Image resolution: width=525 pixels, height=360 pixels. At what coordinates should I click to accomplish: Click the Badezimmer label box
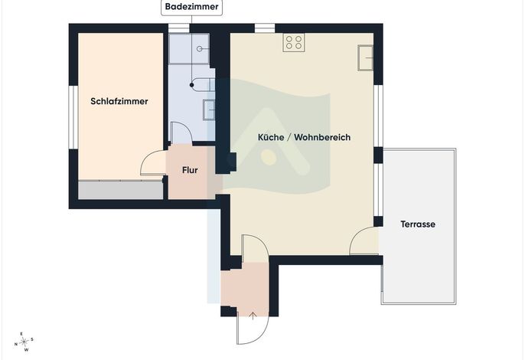coord(192,7)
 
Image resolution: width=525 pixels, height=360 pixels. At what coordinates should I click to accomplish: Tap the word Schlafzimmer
coord(119,101)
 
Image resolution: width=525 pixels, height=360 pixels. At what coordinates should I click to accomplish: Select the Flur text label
coord(190,170)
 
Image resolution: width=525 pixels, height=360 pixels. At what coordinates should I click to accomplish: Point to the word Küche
coord(271,137)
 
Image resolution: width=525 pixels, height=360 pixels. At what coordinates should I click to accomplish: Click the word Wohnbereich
coord(322,137)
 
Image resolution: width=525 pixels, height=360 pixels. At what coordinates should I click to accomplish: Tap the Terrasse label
coord(418,224)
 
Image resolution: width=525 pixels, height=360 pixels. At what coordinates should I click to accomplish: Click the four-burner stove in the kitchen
coord(294,43)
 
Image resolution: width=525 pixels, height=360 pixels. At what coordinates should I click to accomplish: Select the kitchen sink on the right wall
coord(365,57)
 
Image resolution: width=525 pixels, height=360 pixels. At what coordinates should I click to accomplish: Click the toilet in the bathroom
coord(203,84)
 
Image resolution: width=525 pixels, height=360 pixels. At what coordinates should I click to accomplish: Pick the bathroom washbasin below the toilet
coord(209,110)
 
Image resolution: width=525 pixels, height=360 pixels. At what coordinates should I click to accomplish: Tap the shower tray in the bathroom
coord(189,48)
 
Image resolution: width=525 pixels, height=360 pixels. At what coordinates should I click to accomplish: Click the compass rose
coord(24,342)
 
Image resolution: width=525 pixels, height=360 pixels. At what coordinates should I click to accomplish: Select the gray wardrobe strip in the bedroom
coord(121,190)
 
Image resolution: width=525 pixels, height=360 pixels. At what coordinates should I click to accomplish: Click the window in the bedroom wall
coord(73,117)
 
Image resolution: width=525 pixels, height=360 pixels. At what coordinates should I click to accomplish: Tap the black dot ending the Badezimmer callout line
coord(192,85)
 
